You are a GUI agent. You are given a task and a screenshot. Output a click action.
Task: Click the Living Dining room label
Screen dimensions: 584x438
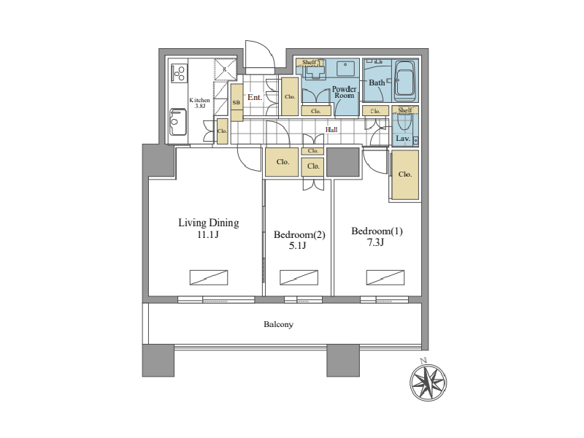coord(209,223)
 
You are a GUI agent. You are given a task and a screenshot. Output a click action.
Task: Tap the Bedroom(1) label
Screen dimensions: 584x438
coord(377,231)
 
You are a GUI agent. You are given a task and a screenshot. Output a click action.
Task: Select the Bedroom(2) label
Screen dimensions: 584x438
coord(299,234)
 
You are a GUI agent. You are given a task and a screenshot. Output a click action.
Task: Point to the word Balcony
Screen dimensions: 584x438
coord(278,324)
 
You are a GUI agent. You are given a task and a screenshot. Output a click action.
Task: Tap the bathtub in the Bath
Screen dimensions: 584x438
coord(404,80)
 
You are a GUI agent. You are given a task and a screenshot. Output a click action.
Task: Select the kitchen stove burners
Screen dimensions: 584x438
coord(179,74)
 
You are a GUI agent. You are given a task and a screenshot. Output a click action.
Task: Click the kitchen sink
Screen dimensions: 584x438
coord(178,122)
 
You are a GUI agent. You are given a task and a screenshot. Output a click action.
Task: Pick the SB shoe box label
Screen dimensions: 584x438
coord(236,102)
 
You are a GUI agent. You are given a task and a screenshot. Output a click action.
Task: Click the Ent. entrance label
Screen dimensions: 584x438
coord(255,97)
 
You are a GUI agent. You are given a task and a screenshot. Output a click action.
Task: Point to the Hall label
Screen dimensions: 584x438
coord(331,130)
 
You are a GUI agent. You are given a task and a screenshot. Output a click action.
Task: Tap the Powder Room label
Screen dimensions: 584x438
coord(344,92)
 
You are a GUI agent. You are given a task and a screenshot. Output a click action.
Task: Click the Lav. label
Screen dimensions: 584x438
coord(403,138)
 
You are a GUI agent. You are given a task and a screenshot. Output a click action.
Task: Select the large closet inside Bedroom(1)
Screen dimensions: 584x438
coord(405,174)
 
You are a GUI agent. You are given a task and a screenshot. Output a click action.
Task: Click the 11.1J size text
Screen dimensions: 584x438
coord(208,234)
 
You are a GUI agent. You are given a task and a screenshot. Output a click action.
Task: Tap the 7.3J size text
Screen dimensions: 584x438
coord(375,242)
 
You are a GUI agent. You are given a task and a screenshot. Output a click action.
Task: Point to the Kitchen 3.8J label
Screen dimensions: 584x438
coord(199,103)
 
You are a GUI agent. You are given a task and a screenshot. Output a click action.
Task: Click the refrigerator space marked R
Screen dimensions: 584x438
coord(226,69)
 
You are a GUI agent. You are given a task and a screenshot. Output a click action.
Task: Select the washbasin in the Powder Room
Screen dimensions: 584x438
coord(346,69)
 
